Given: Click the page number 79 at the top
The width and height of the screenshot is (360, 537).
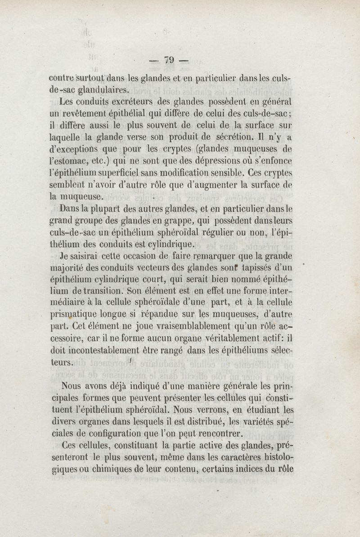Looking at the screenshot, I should click(169, 59).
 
